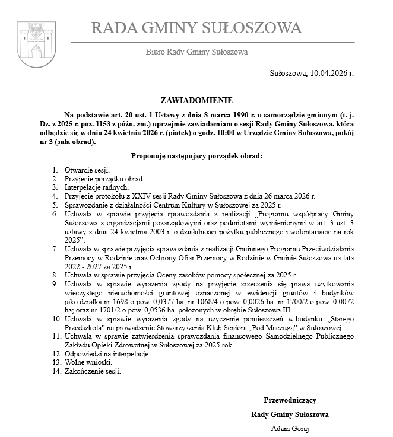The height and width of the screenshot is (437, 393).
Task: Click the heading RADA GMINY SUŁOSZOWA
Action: (x=196, y=28)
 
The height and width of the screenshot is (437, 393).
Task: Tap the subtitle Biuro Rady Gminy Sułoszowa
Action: (x=196, y=52)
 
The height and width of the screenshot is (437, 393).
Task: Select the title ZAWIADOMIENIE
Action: (x=196, y=101)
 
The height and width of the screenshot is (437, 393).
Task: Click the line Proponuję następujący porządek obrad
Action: (x=196, y=157)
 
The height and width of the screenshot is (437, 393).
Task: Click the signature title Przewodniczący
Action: (x=290, y=401)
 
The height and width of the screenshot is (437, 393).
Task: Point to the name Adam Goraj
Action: (x=290, y=429)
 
